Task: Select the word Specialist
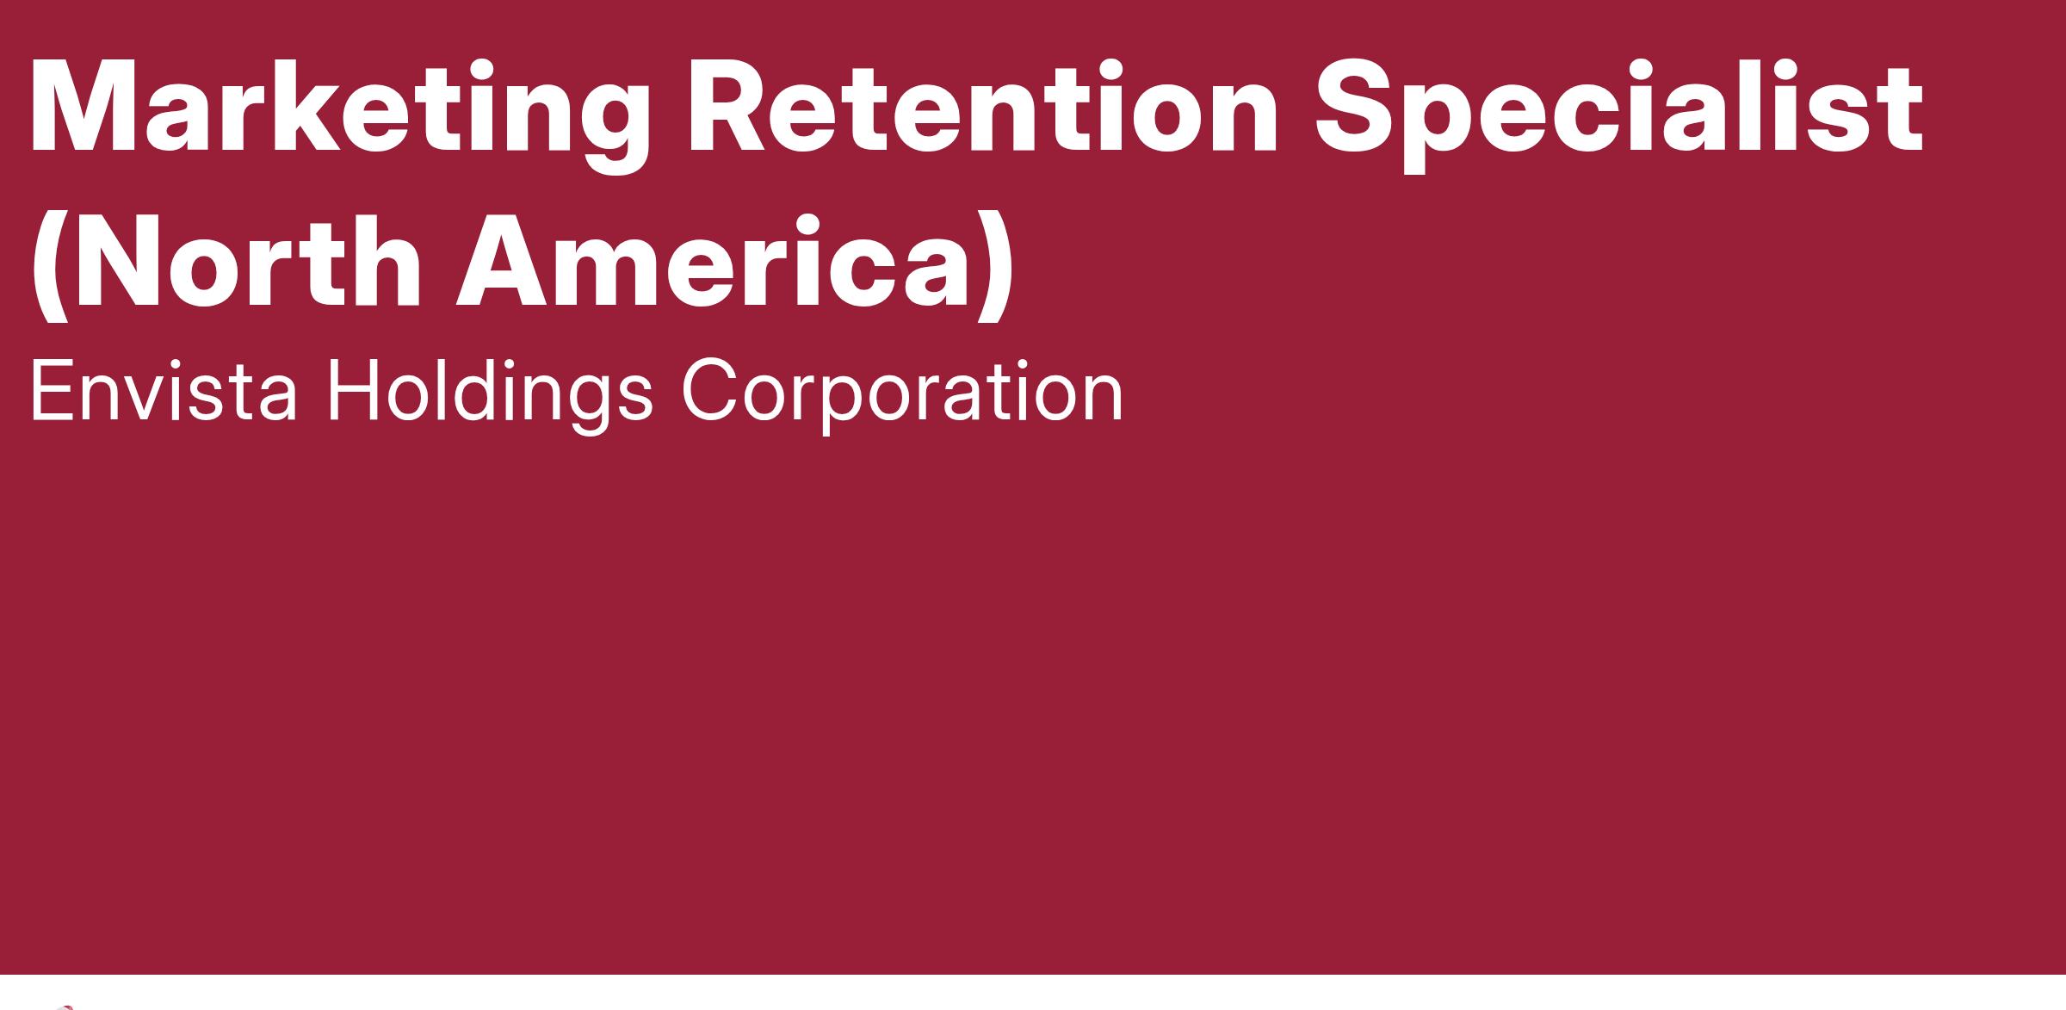[x=1618, y=115]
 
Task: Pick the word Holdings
[x=489, y=394]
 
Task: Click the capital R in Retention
[x=733, y=108]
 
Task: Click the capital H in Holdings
[x=354, y=390]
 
